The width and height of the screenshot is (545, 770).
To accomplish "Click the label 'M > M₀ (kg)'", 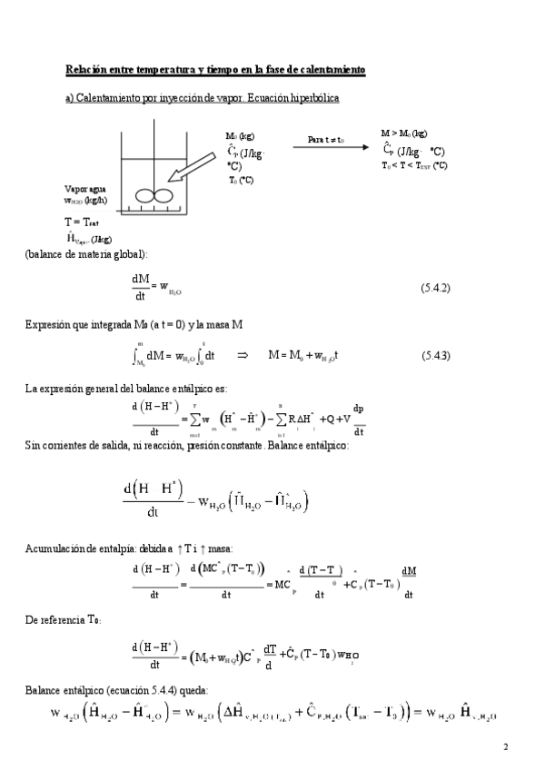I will point(404,133).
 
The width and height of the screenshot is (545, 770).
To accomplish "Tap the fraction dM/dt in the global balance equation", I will point(141,287).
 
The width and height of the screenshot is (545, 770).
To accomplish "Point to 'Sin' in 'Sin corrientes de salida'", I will point(33,446).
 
